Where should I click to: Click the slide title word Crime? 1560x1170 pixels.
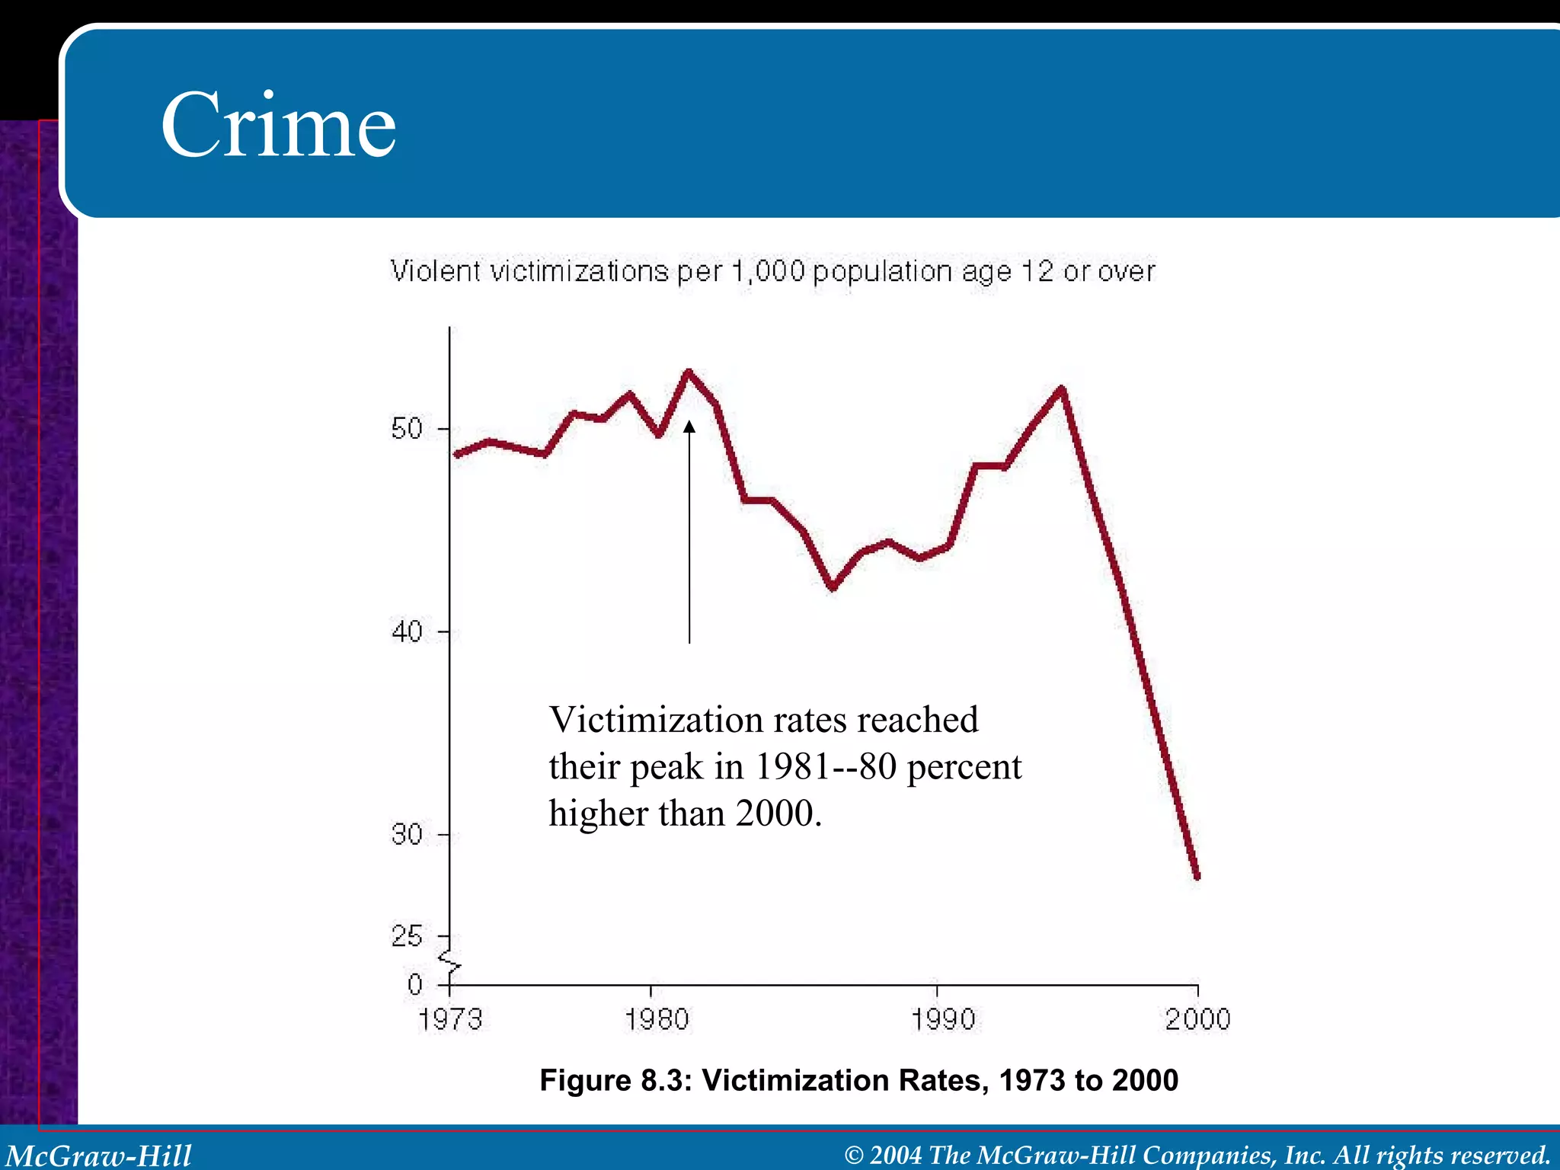pos(278,125)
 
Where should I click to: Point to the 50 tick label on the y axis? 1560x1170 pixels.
pos(407,429)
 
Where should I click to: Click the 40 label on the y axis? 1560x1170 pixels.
pos(407,631)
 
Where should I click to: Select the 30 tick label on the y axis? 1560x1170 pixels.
pos(407,835)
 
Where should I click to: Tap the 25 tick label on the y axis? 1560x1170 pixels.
pos(407,936)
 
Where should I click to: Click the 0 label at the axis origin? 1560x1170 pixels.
pos(415,985)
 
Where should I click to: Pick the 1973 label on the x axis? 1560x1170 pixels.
pos(450,1019)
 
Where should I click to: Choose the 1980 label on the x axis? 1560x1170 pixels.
pos(656,1019)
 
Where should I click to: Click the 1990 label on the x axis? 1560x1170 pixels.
pos(943,1019)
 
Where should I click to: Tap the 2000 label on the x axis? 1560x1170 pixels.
pos(1197,1019)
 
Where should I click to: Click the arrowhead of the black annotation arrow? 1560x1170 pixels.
pos(689,427)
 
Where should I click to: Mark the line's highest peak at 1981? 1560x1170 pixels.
pos(688,372)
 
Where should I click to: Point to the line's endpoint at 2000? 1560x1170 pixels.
pos(1197,877)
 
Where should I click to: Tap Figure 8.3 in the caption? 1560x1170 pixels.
pos(615,1080)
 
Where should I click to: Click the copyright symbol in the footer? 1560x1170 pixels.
pos(854,1156)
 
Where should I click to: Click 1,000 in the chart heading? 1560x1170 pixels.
pos(768,272)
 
